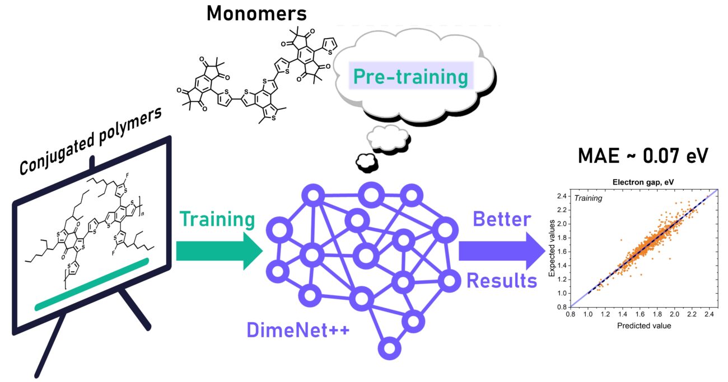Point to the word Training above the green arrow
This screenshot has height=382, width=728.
pos(217,219)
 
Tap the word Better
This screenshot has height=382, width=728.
pos(502,219)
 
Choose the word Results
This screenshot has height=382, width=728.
pos(502,281)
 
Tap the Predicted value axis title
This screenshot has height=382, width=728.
pos(643,326)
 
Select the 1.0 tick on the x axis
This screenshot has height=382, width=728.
pos(587,315)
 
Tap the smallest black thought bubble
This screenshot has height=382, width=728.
pos(365,162)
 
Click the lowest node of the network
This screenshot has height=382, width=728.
pos(390,347)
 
